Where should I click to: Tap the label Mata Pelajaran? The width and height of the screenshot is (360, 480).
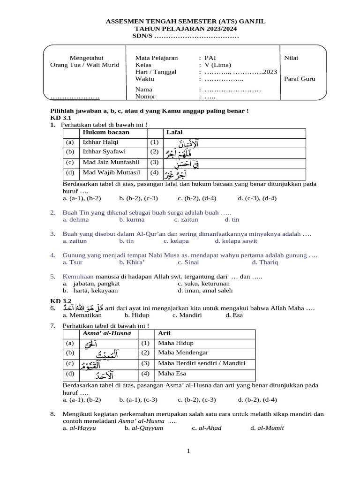[x=156, y=58]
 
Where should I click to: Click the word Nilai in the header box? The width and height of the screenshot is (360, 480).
[x=291, y=58]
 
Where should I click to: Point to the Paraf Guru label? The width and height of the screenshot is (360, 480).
[x=300, y=79]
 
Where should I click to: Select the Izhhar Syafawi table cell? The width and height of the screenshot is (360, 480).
[x=101, y=152]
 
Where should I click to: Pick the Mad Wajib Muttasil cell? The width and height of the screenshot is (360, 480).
[x=109, y=172]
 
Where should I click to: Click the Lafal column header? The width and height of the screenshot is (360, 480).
[x=175, y=132]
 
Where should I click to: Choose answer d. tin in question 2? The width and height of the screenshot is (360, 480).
[x=232, y=219]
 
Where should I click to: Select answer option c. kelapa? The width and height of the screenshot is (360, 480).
[x=176, y=241]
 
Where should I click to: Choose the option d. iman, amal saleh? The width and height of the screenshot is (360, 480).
[x=205, y=291]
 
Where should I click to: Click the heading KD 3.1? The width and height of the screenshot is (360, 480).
[x=60, y=118]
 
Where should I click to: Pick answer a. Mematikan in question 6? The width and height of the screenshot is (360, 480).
[x=82, y=315]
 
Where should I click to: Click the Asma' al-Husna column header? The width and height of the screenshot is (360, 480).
[x=106, y=333]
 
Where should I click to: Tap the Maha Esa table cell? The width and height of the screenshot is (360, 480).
[x=172, y=374]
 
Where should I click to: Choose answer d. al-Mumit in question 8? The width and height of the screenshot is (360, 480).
[x=267, y=428]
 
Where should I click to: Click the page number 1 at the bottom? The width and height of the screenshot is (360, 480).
[x=188, y=451]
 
